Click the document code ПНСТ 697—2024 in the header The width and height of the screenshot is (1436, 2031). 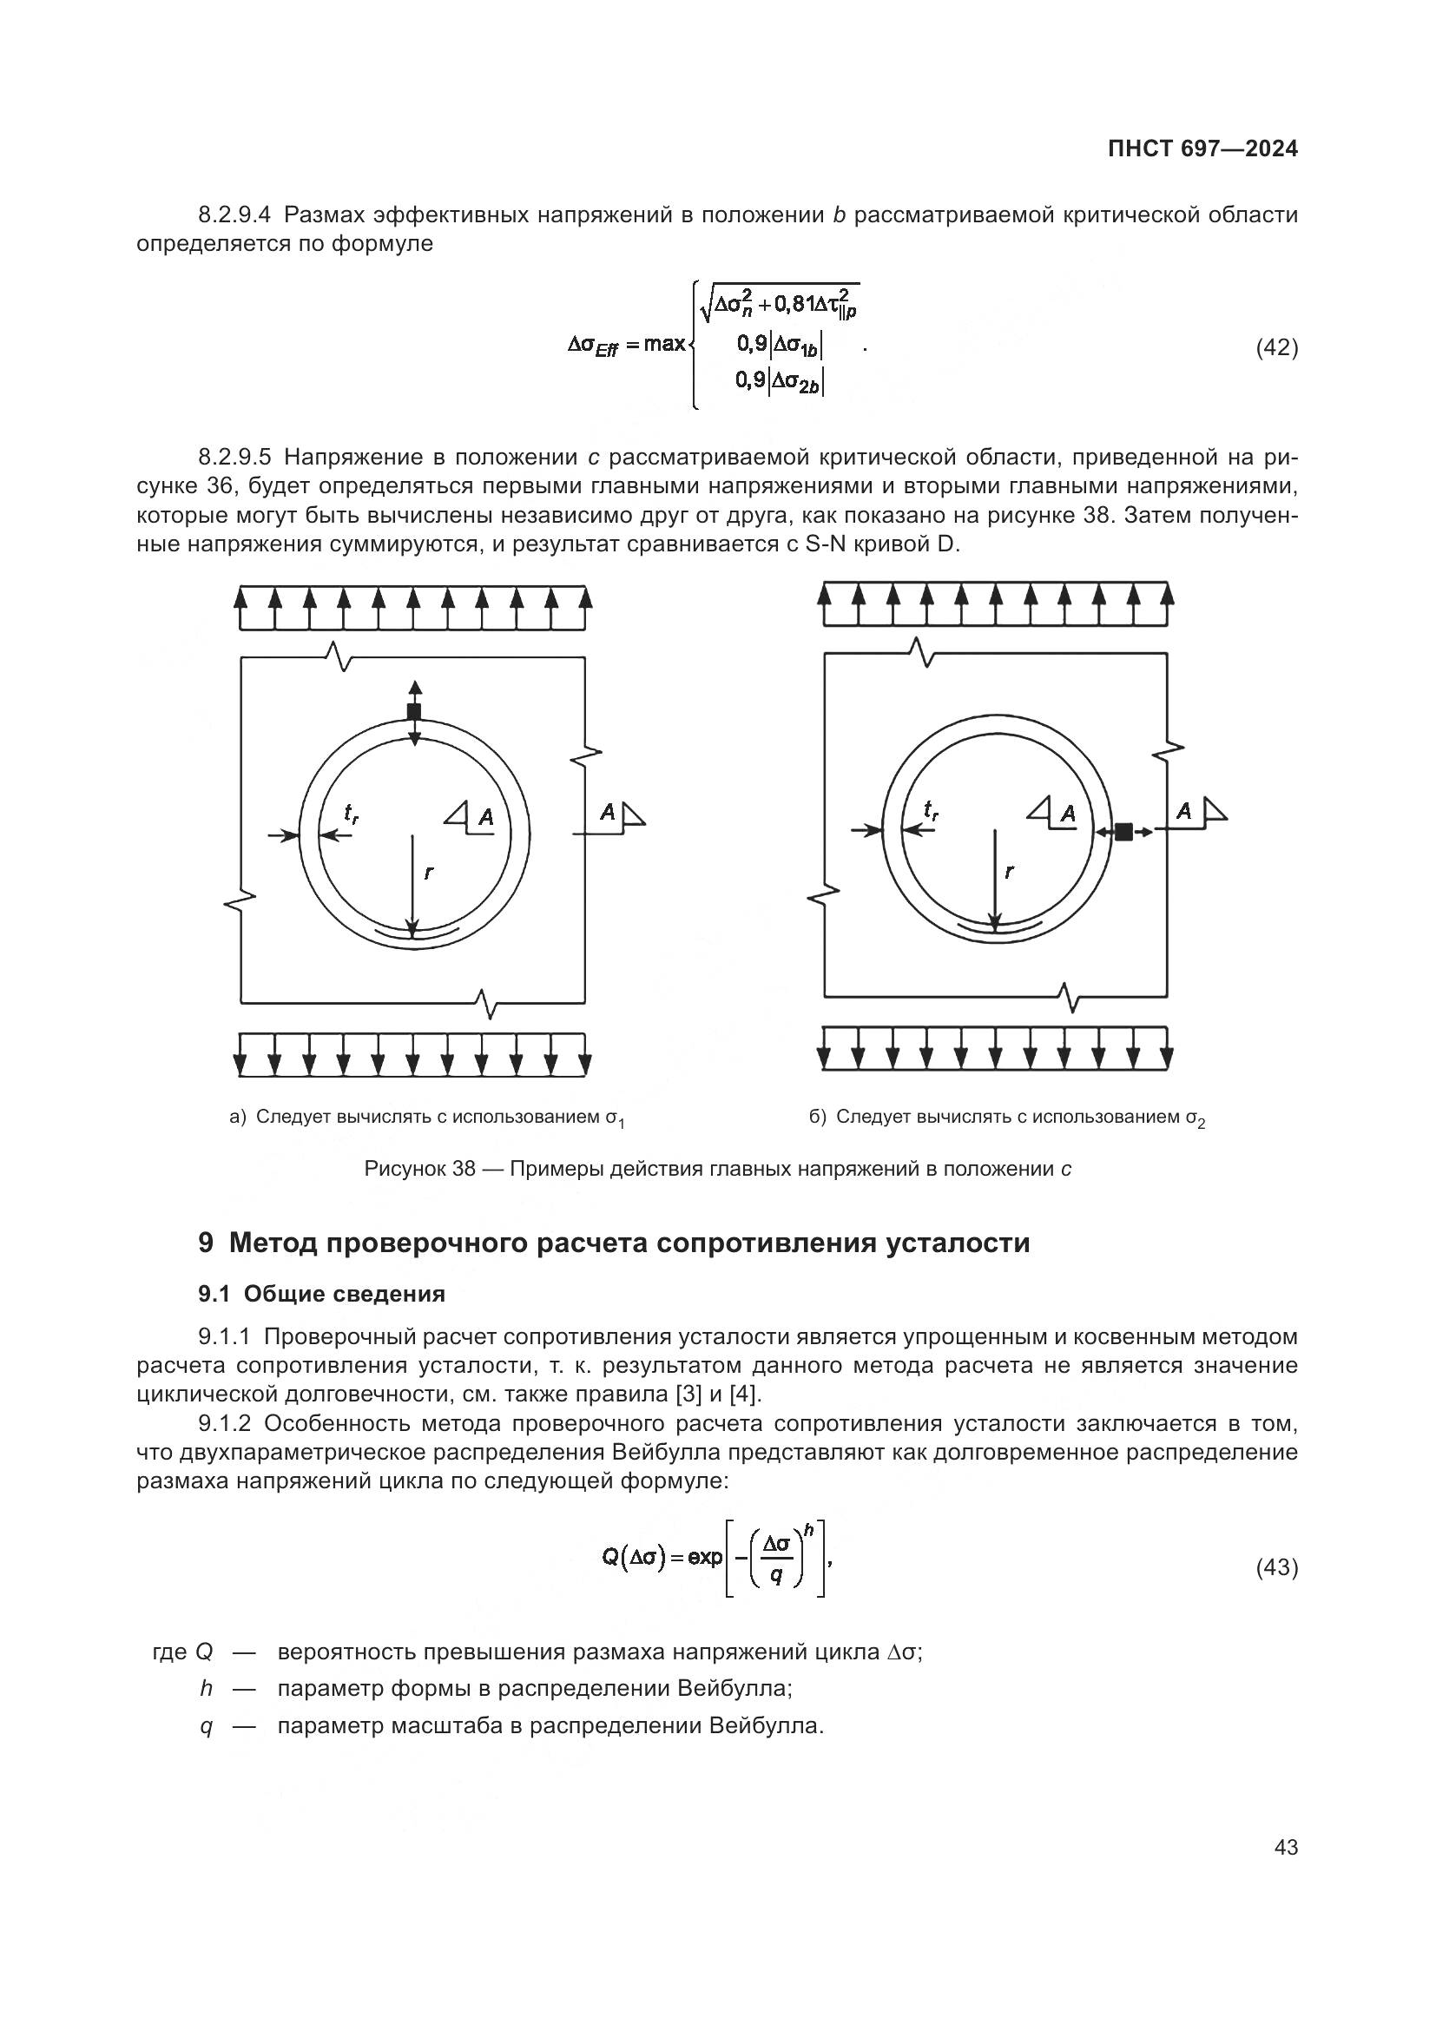pyautogui.click(x=1202, y=148)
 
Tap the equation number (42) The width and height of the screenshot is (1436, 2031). pyautogui.click(x=1277, y=347)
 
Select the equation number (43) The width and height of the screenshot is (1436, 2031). pyautogui.click(x=1277, y=1567)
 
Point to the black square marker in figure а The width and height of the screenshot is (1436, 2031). pyautogui.click(x=414, y=712)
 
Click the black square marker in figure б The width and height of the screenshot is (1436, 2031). pyautogui.click(x=1123, y=832)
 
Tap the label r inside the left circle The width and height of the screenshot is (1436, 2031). pyautogui.click(x=429, y=872)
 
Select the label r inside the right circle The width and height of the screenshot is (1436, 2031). pyautogui.click(x=1010, y=871)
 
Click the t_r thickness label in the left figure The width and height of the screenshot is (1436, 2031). pyautogui.click(x=351, y=812)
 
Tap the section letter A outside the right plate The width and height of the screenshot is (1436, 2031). pyautogui.click(x=1184, y=810)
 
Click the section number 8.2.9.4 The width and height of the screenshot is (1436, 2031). pyautogui.click(x=235, y=215)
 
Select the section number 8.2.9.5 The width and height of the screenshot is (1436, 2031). pyautogui.click(x=235, y=458)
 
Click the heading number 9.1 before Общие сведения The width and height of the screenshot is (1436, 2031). pyautogui.click(x=214, y=1294)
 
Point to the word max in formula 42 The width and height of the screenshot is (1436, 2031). pyautogui.click(x=664, y=343)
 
